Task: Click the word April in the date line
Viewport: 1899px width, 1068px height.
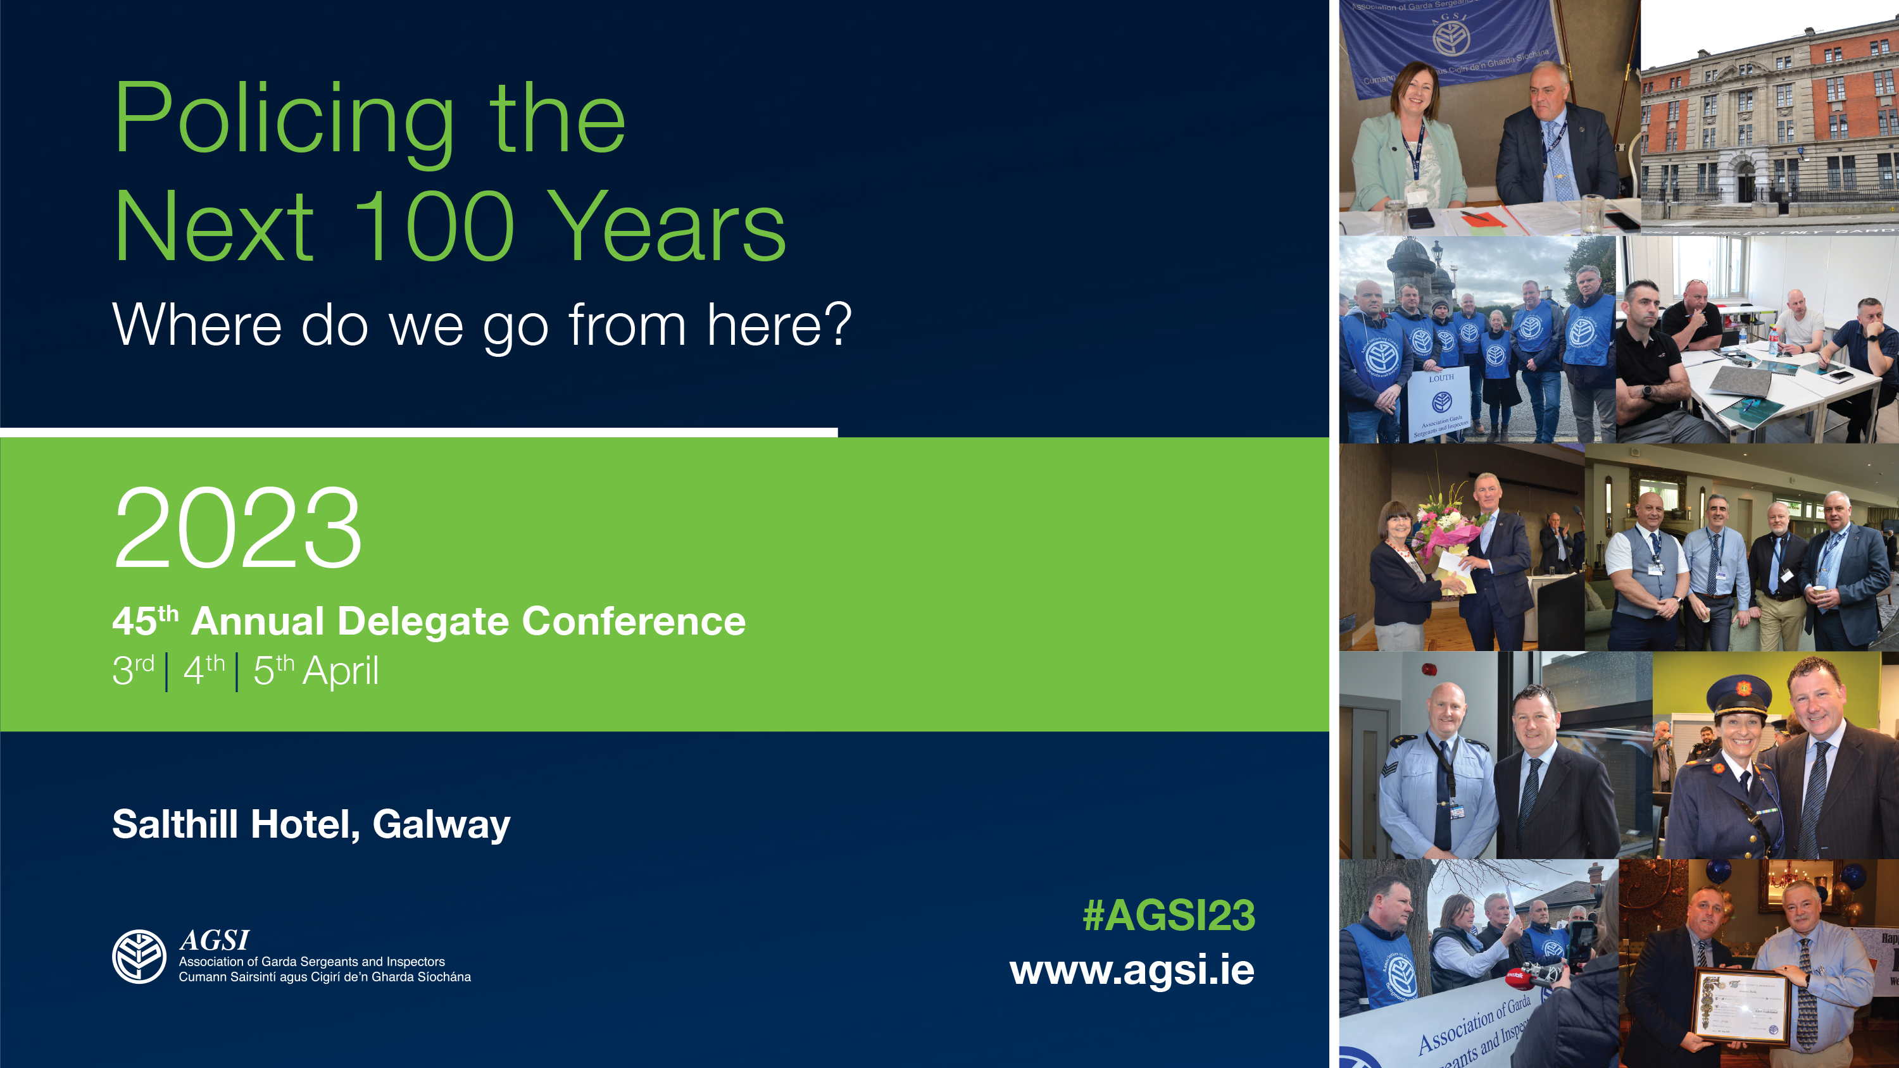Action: (341, 671)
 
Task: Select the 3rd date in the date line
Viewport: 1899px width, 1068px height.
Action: (133, 669)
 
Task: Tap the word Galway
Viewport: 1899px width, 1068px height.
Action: (441, 824)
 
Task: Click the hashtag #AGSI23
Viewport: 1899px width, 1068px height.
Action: (1169, 916)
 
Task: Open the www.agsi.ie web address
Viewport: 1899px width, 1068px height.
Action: (1132, 970)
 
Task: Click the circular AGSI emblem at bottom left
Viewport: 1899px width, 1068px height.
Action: (139, 956)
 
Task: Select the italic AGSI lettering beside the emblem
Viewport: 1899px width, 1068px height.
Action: (215, 940)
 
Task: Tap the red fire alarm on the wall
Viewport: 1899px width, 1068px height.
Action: (1429, 670)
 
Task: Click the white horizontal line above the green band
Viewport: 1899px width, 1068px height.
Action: (418, 432)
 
